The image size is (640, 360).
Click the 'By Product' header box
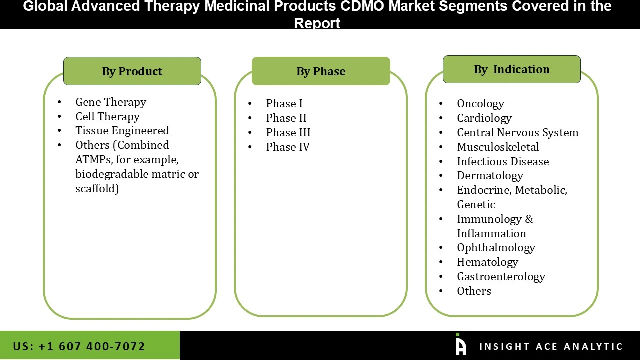click(x=132, y=71)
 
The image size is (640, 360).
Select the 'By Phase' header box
click(x=321, y=71)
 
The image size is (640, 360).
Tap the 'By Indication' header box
click(x=511, y=69)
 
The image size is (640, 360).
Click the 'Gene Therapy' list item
click(x=111, y=102)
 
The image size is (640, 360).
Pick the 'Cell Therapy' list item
click(x=107, y=116)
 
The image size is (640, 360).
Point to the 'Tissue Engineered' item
click(x=122, y=130)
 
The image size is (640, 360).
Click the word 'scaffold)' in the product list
click(x=97, y=188)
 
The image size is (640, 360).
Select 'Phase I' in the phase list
click(x=284, y=103)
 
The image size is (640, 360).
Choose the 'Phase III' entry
click(x=288, y=132)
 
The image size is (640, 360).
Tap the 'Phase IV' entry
click(x=287, y=147)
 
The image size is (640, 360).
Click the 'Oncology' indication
click(x=480, y=103)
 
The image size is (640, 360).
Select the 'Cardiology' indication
click(x=484, y=118)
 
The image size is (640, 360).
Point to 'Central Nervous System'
click(x=517, y=132)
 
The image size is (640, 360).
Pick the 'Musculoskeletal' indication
click(x=498, y=147)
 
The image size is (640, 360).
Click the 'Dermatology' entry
click(x=490, y=175)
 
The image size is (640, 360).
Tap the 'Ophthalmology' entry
click(x=496, y=247)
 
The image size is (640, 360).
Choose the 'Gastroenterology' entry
click(x=501, y=276)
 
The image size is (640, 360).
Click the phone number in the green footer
click(x=79, y=346)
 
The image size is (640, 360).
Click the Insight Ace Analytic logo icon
click(x=460, y=345)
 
